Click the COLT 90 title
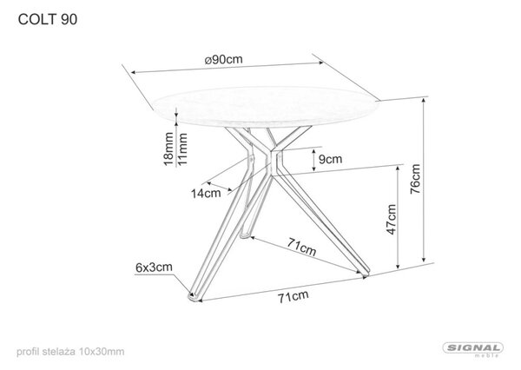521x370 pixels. point(48,20)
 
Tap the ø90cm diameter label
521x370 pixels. point(224,60)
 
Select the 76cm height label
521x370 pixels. point(415,179)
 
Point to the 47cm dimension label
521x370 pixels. point(392,220)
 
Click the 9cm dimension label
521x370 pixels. point(330,159)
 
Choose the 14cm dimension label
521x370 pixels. point(206,193)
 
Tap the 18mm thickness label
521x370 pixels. point(168,149)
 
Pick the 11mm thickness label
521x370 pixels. point(182,149)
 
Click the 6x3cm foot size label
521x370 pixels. point(154,268)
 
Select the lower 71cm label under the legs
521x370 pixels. point(293,296)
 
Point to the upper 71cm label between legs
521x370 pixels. point(301,247)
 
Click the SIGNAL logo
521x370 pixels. point(473,349)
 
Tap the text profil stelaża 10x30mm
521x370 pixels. point(70,352)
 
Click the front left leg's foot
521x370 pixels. point(194,297)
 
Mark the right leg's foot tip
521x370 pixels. point(366,274)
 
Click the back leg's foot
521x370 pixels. point(245,235)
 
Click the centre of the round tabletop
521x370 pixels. point(267,106)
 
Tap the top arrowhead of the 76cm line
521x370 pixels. point(424,101)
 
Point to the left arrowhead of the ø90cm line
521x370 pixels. point(134,72)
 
